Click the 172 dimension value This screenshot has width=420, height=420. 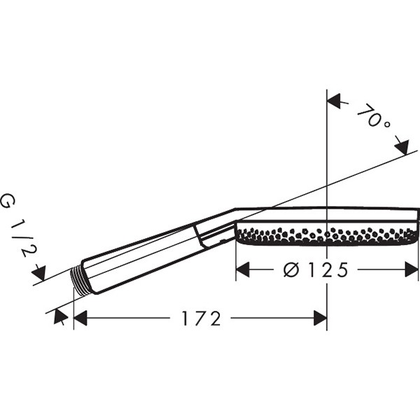point(202,318)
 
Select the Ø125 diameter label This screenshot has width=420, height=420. point(316,269)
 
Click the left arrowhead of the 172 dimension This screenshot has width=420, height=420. point(80,318)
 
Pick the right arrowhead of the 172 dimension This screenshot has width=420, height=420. point(321,318)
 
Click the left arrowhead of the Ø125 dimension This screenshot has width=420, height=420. point(243,269)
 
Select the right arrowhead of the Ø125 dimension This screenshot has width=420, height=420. point(411,269)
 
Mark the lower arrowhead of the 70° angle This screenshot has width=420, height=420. point(402,147)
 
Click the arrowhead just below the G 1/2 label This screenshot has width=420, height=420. point(39,273)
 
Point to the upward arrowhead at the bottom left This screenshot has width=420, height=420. point(60,316)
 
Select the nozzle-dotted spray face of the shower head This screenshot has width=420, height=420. point(327,235)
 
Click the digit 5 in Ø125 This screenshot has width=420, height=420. point(342,269)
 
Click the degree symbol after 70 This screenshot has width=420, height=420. point(387,125)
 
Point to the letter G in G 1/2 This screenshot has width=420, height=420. point(8,201)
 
